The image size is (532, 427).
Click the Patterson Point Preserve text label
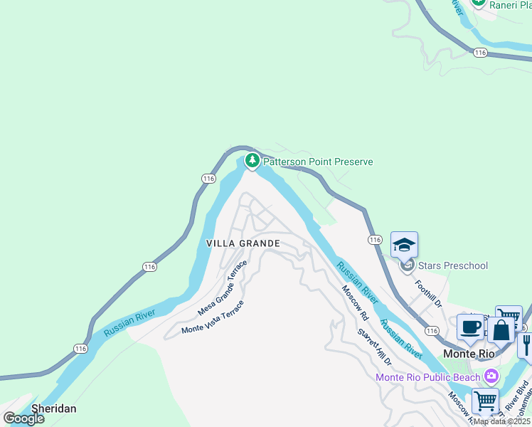tap(318, 162)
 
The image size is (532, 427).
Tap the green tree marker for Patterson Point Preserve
tap(252, 161)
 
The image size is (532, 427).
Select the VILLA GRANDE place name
tap(243, 243)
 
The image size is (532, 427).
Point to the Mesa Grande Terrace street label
tap(223, 288)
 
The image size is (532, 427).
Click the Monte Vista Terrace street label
tap(213, 317)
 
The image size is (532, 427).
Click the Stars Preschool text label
tap(454, 265)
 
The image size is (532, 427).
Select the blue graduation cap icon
tap(404, 246)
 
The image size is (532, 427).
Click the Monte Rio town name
tap(469, 353)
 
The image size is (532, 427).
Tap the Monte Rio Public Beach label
tap(428, 376)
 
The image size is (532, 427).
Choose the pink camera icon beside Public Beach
tap(491, 375)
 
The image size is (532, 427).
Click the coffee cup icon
tap(470, 327)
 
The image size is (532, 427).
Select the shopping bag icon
tap(501, 331)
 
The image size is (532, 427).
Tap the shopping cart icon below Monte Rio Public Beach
tap(485, 401)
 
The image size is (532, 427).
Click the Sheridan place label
tap(53, 409)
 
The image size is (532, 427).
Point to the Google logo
tap(23, 418)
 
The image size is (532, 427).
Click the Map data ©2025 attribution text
tap(502, 421)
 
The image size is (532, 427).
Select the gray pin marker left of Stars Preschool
tap(407, 266)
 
